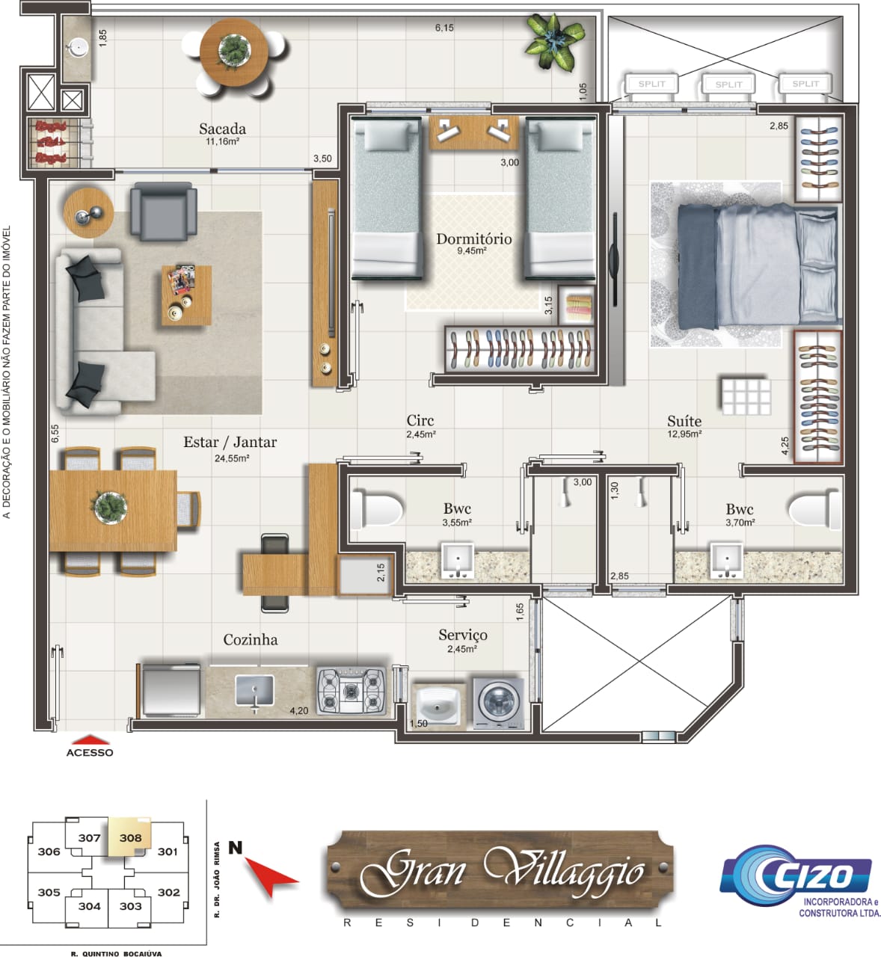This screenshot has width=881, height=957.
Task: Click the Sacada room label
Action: [x=222, y=129]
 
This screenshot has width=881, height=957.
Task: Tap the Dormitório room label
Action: [x=473, y=239]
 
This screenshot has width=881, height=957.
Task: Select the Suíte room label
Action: [x=684, y=421]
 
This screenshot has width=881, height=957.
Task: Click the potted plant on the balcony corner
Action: [x=555, y=42]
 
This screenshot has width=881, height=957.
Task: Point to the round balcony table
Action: [x=234, y=52]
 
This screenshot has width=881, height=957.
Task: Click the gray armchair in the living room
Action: [x=163, y=212]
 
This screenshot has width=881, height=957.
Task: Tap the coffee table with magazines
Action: [x=186, y=295]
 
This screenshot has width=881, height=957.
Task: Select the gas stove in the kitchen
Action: [x=351, y=690]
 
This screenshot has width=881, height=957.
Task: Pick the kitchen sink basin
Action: [x=254, y=690]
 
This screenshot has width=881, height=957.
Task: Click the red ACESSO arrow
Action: [x=90, y=740]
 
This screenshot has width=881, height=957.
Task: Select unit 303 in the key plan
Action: [x=130, y=906]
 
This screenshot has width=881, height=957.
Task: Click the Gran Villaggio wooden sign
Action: [x=500, y=870]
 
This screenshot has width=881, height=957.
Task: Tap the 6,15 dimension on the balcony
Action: [x=443, y=28]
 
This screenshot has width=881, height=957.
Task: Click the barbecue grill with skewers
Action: [x=52, y=143]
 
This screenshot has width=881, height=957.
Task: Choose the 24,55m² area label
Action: [x=231, y=458]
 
